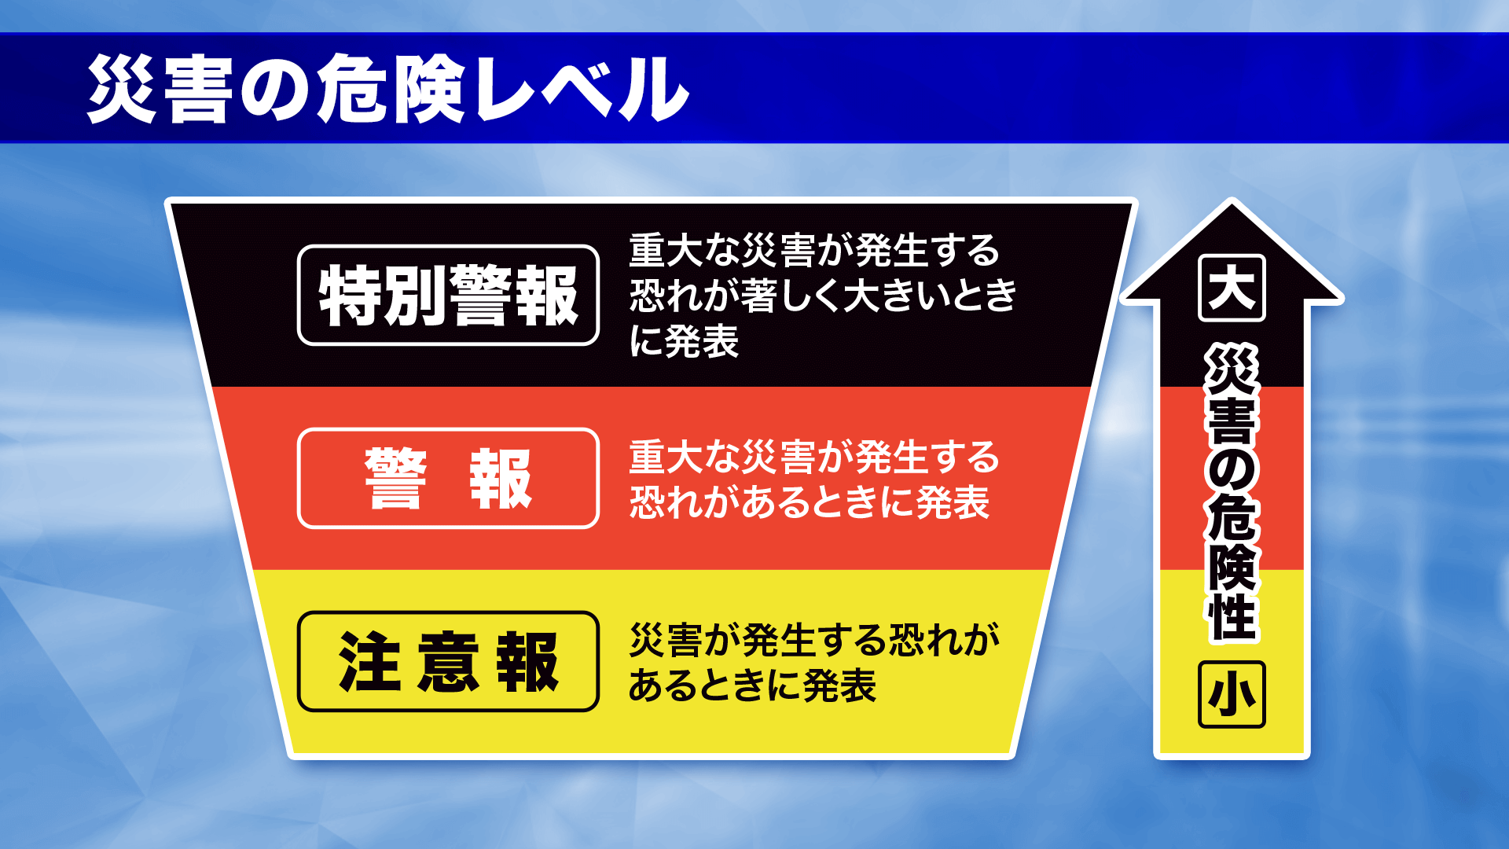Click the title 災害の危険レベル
tap(387, 89)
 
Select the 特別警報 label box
tap(448, 295)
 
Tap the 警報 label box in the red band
tap(448, 478)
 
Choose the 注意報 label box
tap(448, 661)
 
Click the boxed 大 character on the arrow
tap(1232, 288)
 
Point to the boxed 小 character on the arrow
tap(1232, 695)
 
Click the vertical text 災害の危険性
tap(1232, 493)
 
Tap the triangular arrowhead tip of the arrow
tap(1232, 201)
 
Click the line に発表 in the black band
tap(684, 341)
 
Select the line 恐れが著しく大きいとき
tap(823, 296)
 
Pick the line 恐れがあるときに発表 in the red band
tap(809, 502)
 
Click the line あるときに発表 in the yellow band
tap(752, 685)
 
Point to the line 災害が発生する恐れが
tap(814, 640)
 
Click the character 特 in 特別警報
tap(351, 295)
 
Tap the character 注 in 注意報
tap(369, 661)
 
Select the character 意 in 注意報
tap(448, 661)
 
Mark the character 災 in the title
tap(121, 89)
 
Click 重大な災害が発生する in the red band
tap(814, 457)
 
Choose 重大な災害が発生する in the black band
tap(814, 250)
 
